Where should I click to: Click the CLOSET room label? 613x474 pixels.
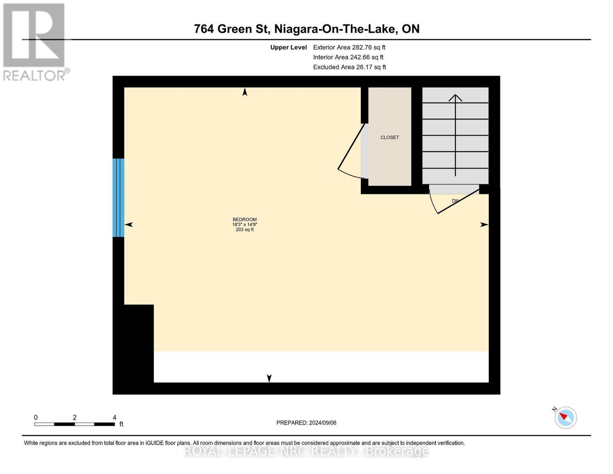click(x=390, y=137)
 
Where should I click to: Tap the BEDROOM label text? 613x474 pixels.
click(x=245, y=220)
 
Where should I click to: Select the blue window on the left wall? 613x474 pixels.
click(x=118, y=197)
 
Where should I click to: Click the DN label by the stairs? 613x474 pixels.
click(x=455, y=201)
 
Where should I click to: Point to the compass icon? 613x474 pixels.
click(x=566, y=418)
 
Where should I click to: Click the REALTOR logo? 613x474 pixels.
click(x=35, y=42)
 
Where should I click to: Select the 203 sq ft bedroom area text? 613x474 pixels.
click(x=245, y=229)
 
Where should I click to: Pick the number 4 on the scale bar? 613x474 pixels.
click(x=114, y=418)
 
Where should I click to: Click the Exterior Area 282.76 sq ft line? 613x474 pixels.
click(x=349, y=47)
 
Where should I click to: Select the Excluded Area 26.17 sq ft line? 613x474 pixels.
click(x=349, y=67)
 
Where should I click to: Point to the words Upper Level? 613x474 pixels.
click(x=289, y=47)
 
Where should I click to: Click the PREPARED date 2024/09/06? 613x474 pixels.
click(x=306, y=423)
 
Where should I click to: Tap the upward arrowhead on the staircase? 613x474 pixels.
click(x=456, y=97)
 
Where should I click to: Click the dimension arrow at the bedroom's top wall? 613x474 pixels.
click(x=245, y=92)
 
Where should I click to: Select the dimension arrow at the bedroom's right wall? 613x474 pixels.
click(x=484, y=225)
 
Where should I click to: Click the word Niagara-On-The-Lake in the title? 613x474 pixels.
click(x=336, y=29)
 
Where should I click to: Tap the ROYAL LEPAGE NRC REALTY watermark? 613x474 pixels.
click(x=306, y=451)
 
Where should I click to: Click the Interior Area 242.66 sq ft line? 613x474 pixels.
click(x=348, y=57)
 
